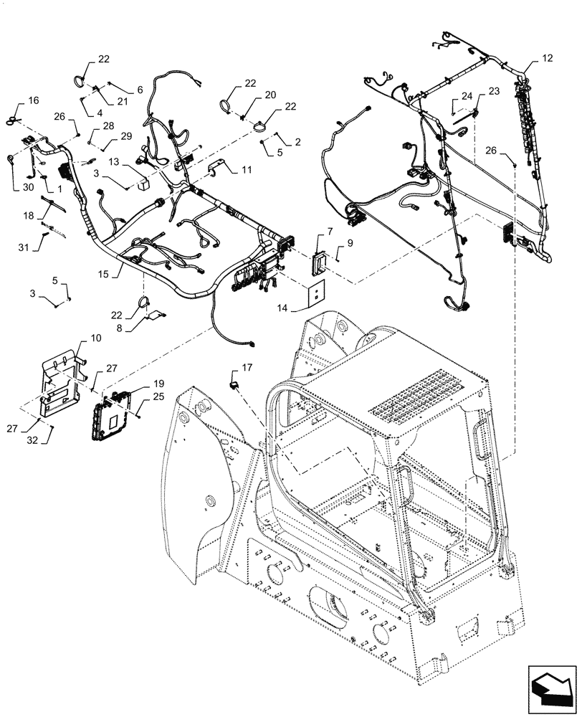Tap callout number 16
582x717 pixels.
tap(34, 100)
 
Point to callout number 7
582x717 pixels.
tap(329, 231)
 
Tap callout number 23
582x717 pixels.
tap(494, 91)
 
